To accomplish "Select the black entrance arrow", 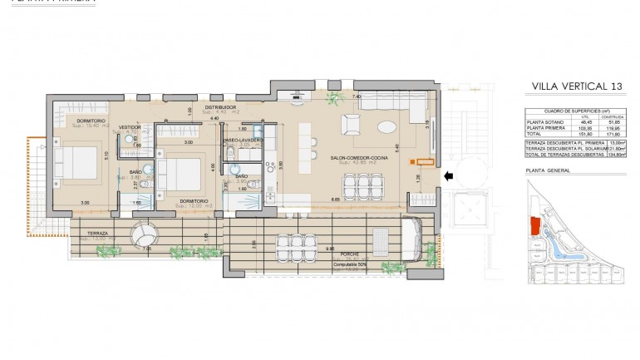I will [x=450, y=175].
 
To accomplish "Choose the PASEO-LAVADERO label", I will [x=243, y=141].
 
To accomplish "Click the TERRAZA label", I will [x=94, y=234].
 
